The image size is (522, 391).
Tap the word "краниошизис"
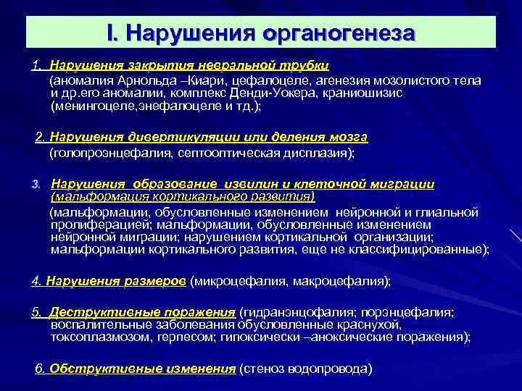tap(370, 93)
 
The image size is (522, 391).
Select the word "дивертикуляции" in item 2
tap(175, 138)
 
